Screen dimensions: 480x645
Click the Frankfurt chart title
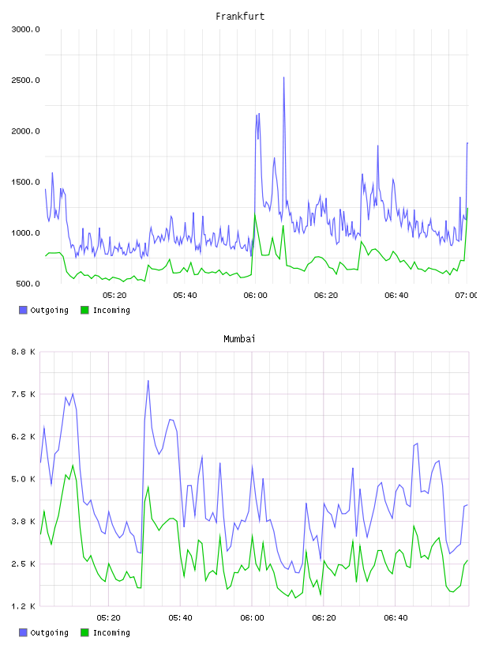click(x=240, y=17)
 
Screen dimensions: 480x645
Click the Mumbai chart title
click(x=239, y=339)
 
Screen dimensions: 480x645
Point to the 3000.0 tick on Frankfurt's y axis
click(x=25, y=29)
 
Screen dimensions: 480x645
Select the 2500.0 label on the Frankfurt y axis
click(x=25, y=80)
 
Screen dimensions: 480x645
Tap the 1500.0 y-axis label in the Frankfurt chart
click(x=25, y=183)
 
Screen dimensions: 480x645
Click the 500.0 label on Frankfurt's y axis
click(x=28, y=284)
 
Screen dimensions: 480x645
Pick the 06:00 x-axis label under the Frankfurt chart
click(x=255, y=296)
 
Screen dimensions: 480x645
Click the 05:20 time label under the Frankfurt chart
click(x=114, y=296)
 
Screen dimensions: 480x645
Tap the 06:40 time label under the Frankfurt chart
click(x=396, y=296)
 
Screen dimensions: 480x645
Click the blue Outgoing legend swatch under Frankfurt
click(x=23, y=310)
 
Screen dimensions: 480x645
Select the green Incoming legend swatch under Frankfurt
click(x=84, y=310)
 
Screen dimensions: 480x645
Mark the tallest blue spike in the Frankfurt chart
click(x=283, y=77)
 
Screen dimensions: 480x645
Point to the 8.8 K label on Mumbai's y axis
click(x=24, y=352)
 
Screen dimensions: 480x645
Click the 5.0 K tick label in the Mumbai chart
click(x=24, y=479)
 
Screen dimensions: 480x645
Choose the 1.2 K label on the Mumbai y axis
click(x=24, y=606)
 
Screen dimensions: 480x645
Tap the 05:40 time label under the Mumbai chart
click(x=180, y=618)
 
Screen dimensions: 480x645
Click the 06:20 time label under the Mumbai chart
click(x=324, y=618)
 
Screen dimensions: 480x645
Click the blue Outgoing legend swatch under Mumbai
click(x=23, y=632)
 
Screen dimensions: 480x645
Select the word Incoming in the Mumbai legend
click(x=111, y=632)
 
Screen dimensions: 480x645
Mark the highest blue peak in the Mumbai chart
click(x=148, y=381)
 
